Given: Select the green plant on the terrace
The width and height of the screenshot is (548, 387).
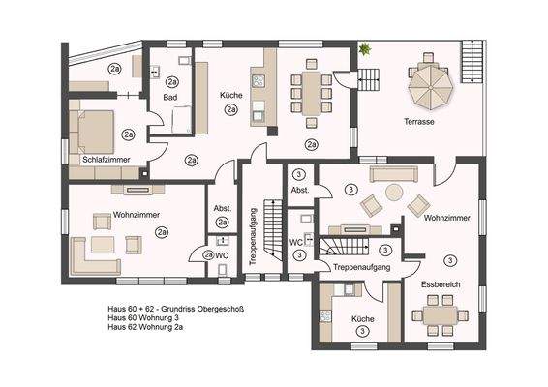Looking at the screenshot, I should [365, 47].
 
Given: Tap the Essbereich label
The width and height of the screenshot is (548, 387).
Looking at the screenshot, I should [441, 285].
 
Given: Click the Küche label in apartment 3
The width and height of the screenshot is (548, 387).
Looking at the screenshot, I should [362, 318].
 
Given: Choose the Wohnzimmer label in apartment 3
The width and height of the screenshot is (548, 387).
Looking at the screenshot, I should [447, 219].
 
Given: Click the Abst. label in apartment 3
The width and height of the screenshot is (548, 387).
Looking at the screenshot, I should [300, 191].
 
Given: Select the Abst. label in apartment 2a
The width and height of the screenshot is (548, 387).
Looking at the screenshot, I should [222, 209].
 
